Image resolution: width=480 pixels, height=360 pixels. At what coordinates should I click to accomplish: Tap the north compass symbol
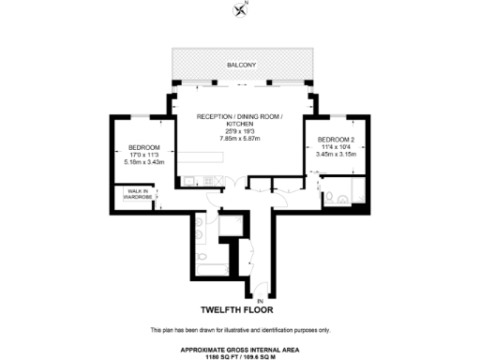[x=239, y=10]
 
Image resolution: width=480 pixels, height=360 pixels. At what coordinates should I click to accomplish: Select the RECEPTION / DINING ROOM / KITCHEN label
[x=238, y=120]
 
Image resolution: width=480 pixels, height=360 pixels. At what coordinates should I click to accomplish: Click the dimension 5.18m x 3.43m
[x=136, y=161]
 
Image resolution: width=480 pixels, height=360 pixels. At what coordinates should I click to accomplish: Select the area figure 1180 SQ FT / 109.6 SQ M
[x=239, y=355]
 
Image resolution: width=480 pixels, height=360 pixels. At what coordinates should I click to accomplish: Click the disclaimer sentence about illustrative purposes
[x=239, y=331]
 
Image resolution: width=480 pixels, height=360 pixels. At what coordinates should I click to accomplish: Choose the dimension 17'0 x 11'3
[x=136, y=155]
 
